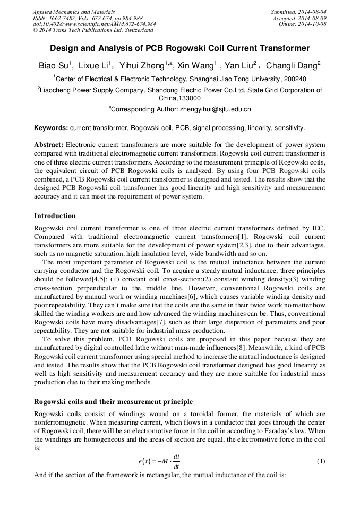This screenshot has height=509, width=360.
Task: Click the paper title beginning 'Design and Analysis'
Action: (x=180, y=48)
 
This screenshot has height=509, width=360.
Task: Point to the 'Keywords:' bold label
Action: (x=51, y=128)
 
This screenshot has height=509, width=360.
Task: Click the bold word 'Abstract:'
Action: (x=49, y=145)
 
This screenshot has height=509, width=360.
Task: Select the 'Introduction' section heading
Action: (x=55, y=216)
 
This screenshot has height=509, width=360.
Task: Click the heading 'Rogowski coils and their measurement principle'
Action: (x=113, y=401)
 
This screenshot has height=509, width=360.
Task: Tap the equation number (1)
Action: (x=321, y=461)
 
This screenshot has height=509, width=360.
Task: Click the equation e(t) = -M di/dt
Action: (x=159, y=461)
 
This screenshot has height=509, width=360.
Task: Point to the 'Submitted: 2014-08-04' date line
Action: (x=298, y=12)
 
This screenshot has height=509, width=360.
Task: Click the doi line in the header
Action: (x=94, y=24)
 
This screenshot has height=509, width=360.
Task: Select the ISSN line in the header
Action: (x=88, y=18)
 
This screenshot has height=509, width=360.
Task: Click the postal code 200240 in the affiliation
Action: (x=294, y=79)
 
